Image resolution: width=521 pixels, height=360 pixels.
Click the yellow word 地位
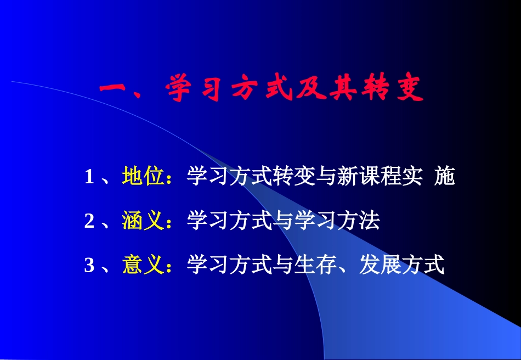[x=144, y=177]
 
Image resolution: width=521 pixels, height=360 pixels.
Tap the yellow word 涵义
[x=144, y=221]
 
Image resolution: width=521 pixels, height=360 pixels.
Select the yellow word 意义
[x=144, y=266]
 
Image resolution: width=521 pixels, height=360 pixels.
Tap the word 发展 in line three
[x=381, y=266]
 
